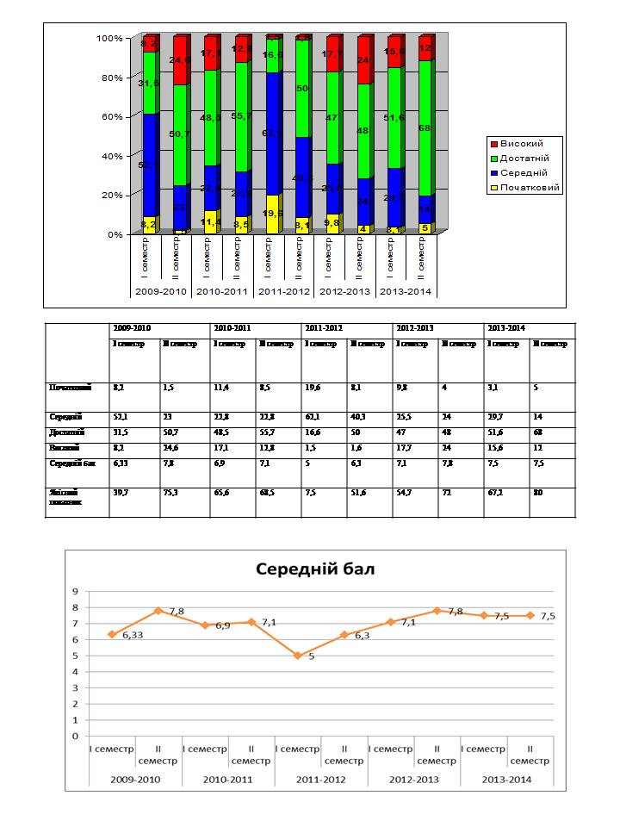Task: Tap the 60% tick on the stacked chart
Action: [112, 116]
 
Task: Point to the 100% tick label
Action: [109, 39]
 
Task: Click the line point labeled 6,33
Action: [112, 634]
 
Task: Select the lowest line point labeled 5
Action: [298, 656]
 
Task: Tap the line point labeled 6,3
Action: [344, 635]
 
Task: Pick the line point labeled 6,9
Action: [205, 625]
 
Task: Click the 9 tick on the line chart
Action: [75, 591]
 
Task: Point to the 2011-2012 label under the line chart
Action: [320, 780]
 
